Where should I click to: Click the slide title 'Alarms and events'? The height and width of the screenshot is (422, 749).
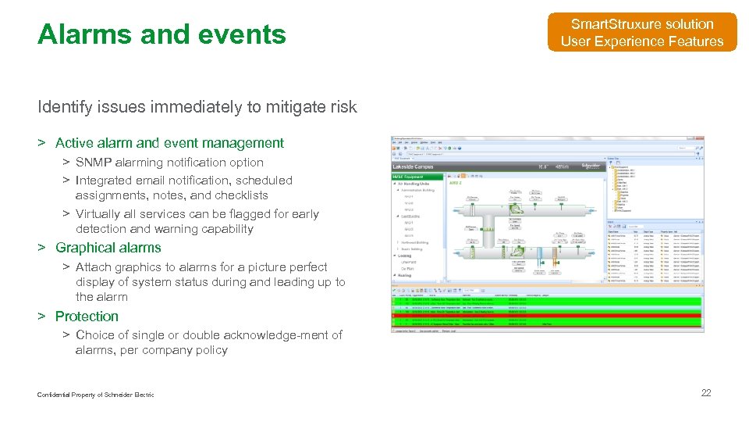[x=162, y=34]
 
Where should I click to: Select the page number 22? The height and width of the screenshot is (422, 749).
[x=706, y=392]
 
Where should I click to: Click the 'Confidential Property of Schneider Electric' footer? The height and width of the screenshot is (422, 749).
[x=95, y=395]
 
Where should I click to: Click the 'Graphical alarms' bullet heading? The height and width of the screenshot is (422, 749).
[x=108, y=248]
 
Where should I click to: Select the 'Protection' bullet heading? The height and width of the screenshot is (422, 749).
[x=87, y=316]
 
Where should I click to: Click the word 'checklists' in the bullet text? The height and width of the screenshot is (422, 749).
[x=241, y=195]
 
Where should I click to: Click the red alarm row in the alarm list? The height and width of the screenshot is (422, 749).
[x=546, y=314]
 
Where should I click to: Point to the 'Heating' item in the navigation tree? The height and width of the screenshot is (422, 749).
[x=405, y=275]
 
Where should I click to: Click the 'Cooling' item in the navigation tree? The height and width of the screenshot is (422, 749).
[x=405, y=256]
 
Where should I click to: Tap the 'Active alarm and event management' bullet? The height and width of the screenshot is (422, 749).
[x=169, y=143]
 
